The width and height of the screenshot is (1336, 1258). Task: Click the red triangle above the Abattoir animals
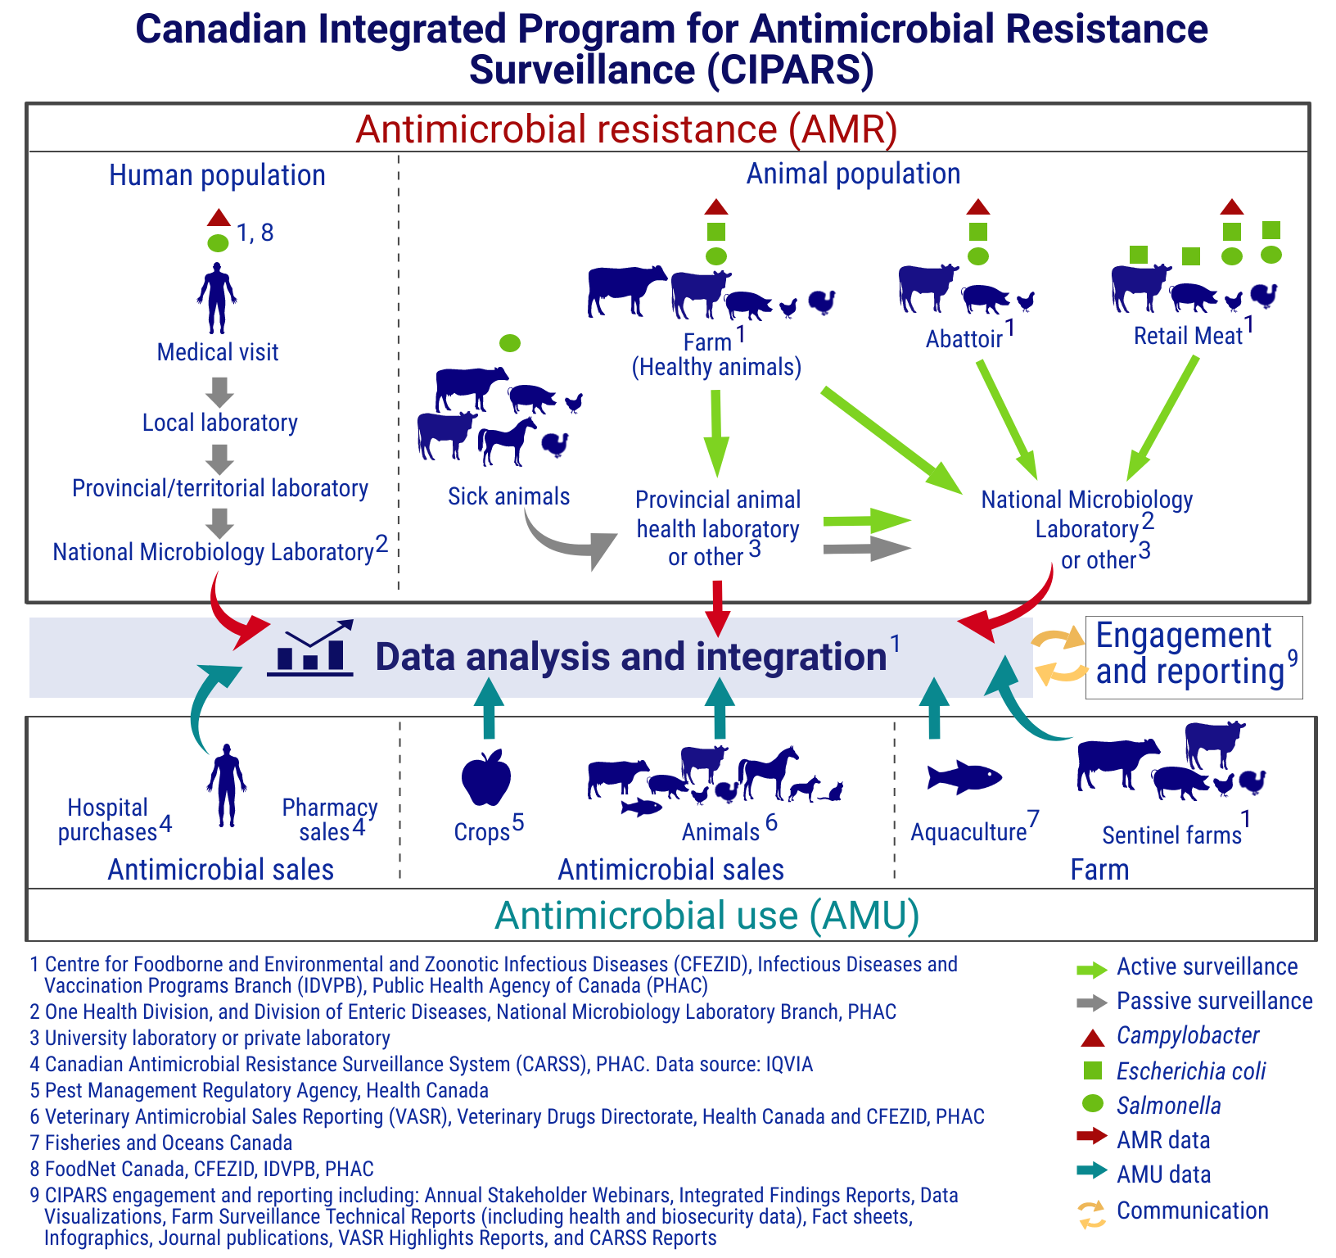[x=977, y=207]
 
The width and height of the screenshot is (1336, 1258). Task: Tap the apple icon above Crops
[x=486, y=778]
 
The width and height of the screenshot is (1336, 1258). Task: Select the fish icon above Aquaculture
[x=964, y=776]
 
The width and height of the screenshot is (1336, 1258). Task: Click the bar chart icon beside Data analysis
[x=311, y=649]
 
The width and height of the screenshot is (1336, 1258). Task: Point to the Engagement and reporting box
[x=1194, y=657]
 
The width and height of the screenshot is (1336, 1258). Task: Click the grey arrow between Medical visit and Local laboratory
[x=219, y=391]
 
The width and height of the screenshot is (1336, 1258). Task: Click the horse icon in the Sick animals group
[x=508, y=440]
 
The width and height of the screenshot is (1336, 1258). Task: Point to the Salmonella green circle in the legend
[x=1093, y=1104]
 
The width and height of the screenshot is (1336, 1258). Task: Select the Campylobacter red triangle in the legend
[x=1093, y=1038]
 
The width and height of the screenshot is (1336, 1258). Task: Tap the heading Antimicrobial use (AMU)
[x=707, y=916]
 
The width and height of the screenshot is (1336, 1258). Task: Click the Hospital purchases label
[x=107, y=820]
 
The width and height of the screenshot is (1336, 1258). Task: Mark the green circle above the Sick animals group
[x=509, y=342]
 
